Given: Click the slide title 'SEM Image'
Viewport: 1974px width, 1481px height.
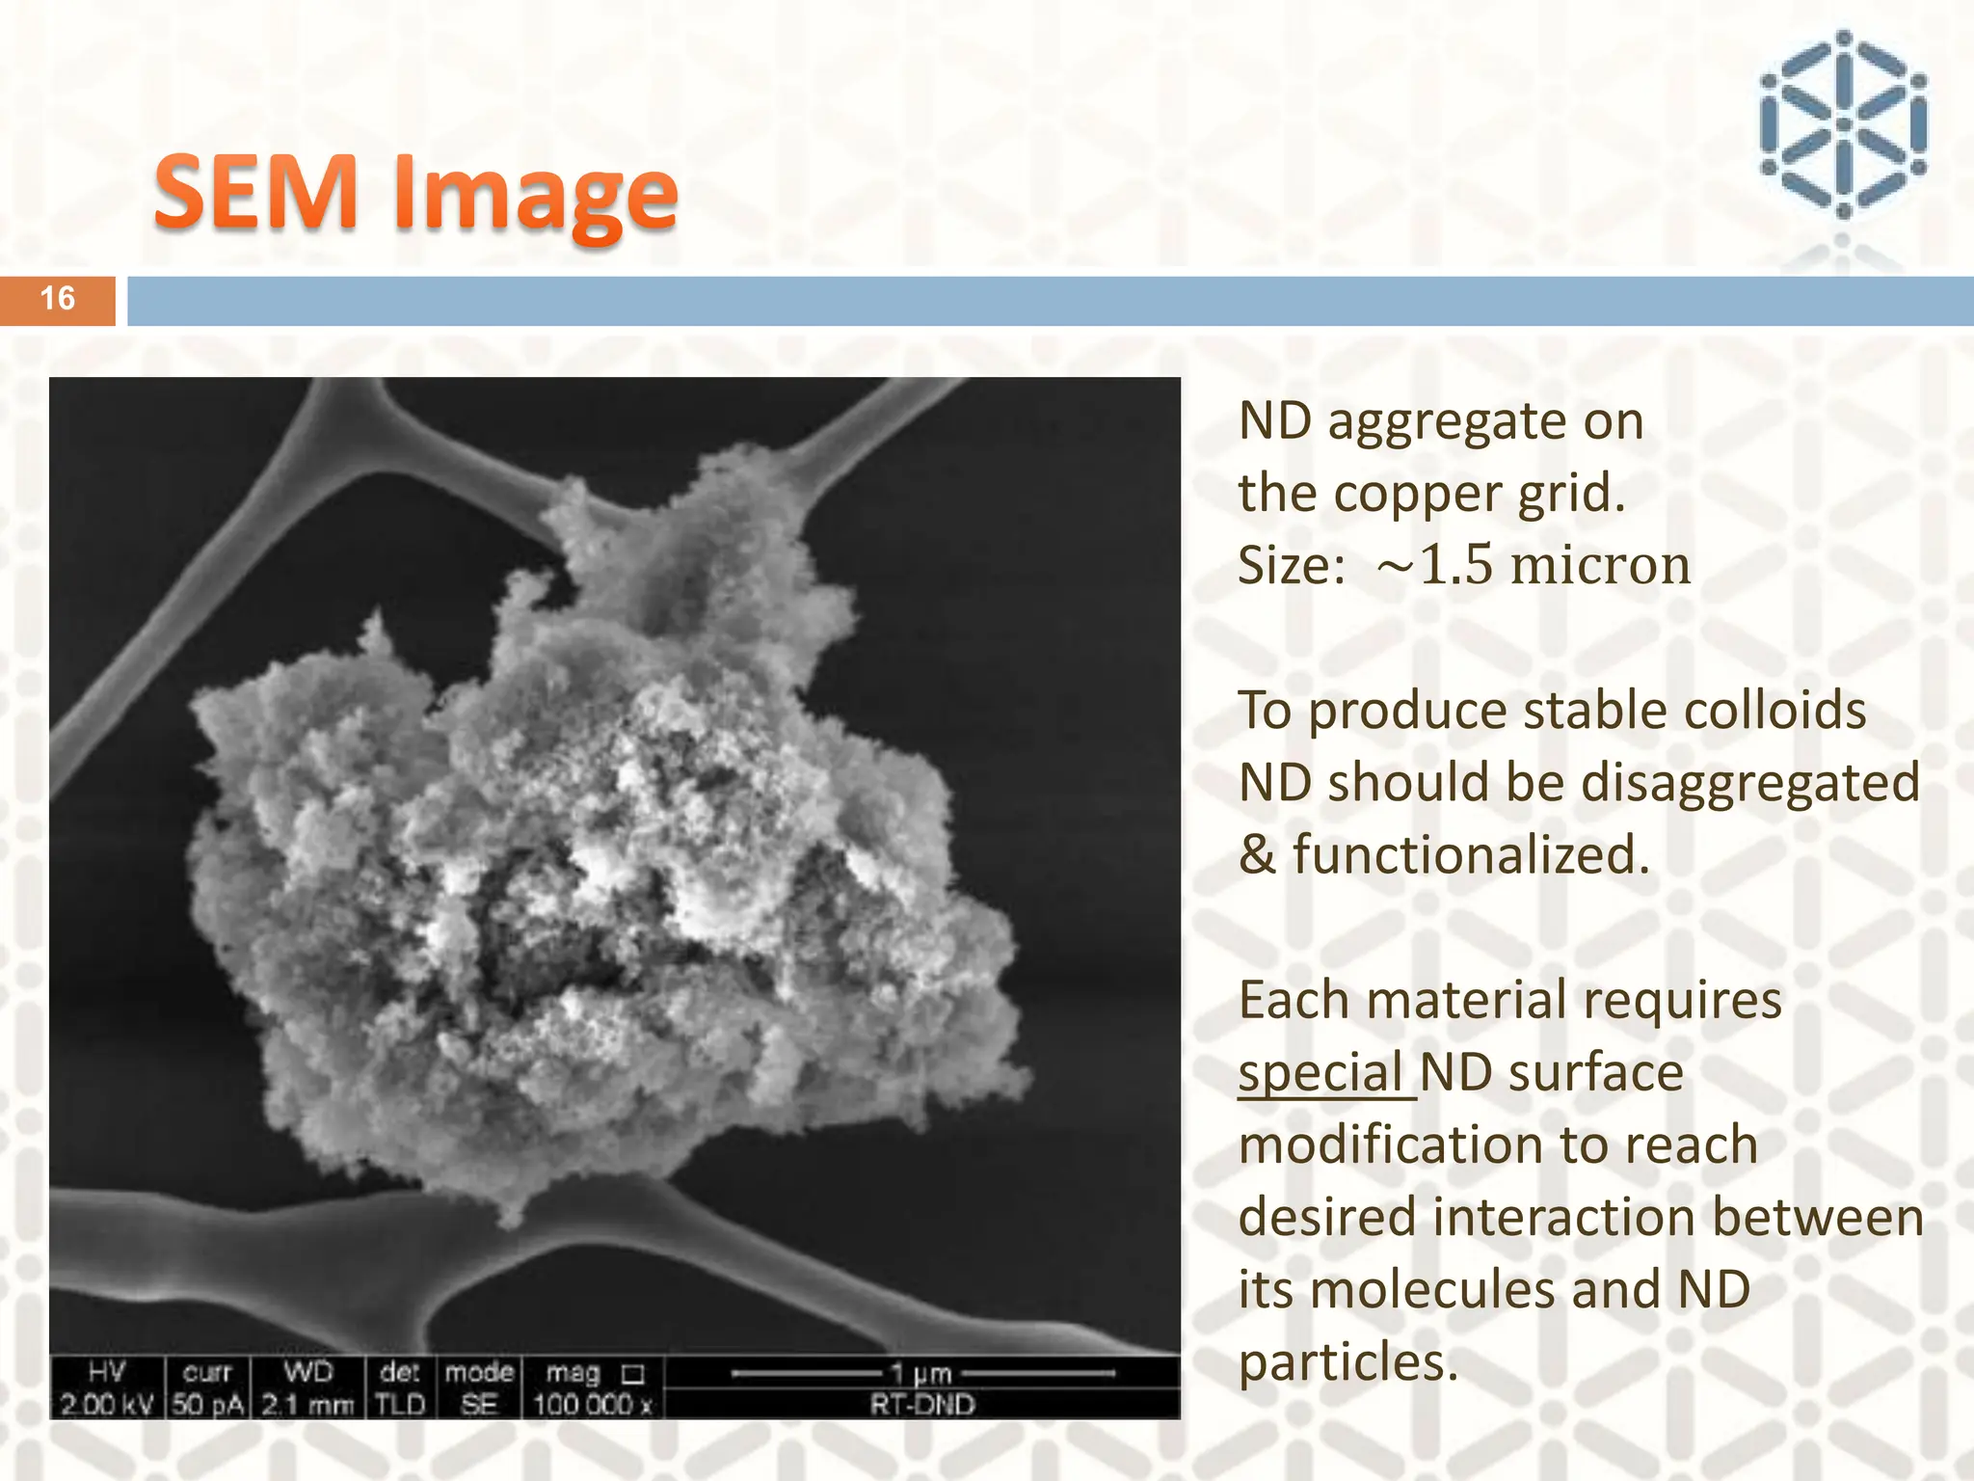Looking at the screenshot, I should click(x=415, y=193).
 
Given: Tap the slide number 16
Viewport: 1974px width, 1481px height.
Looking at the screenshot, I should click(x=58, y=299).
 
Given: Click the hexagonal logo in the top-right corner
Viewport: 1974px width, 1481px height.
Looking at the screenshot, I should click(x=1842, y=125).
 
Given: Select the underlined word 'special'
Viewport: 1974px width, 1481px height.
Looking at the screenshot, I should click(x=1320, y=1073).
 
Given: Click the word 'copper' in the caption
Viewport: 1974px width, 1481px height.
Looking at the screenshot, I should click(x=1417, y=494).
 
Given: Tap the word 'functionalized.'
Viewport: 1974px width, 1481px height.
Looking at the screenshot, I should click(x=1471, y=855).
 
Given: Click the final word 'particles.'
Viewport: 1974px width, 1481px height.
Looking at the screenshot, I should click(x=1347, y=1362).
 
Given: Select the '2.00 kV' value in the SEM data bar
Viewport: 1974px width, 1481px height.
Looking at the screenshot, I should click(x=106, y=1404).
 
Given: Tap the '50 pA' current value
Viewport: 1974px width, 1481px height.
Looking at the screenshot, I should click(x=207, y=1404).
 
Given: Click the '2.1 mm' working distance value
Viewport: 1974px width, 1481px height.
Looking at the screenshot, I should click(x=307, y=1404).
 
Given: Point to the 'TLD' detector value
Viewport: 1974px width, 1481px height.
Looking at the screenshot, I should click(x=400, y=1404).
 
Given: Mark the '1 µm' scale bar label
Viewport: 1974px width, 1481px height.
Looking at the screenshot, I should click(x=920, y=1373).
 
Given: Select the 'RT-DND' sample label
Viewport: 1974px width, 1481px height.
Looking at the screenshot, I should click(x=922, y=1404).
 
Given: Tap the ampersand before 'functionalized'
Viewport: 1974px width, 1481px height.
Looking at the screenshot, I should click(x=1257, y=855).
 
